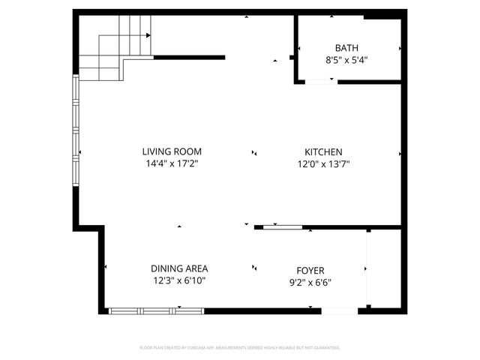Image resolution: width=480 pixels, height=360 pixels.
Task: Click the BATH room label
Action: [x=346, y=46]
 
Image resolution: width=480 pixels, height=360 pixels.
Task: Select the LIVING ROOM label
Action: [x=173, y=151]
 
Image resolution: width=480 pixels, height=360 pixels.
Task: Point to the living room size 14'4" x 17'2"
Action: [x=173, y=163]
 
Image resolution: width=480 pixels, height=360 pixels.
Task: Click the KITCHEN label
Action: [x=323, y=151]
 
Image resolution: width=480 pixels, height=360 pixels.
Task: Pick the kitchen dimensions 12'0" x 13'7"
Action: [x=323, y=163]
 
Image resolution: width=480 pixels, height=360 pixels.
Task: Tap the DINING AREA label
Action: [x=179, y=268]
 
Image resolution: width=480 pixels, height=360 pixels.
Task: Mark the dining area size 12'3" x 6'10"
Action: [x=179, y=280]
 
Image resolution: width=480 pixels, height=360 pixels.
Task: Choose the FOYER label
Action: [x=310, y=270]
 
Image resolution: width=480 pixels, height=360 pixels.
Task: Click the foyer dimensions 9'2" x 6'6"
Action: [x=310, y=282]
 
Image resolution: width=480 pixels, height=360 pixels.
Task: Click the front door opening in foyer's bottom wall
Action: [x=339, y=310]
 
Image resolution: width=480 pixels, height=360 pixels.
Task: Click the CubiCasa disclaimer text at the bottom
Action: [x=240, y=347]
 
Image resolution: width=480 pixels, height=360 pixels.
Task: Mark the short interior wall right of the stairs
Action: [x=189, y=57]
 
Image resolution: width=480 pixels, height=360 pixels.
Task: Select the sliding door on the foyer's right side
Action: [x=367, y=268]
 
